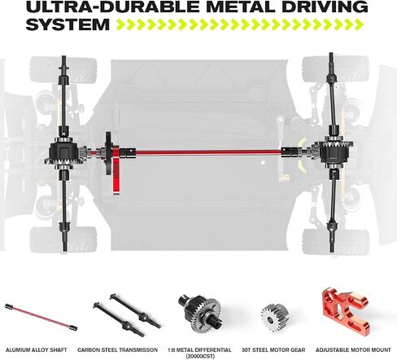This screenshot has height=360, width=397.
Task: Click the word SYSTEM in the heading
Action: point(68,24)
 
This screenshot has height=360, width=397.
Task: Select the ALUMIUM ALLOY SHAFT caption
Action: point(37,350)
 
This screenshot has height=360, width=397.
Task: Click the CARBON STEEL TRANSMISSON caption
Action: point(117,350)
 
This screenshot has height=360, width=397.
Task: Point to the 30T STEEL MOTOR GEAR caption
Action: point(273,350)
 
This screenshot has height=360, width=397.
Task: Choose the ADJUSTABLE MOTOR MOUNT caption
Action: point(353,350)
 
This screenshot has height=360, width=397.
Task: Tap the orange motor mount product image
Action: point(345,310)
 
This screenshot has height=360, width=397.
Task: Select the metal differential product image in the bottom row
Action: point(200,314)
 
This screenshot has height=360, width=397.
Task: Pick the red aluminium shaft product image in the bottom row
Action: point(41,317)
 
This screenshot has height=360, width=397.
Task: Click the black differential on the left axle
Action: point(64,153)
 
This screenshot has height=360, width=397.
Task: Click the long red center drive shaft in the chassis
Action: point(208,152)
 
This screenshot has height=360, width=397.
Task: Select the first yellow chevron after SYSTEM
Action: point(121,24)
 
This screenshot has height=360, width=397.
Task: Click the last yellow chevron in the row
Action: point(359,24)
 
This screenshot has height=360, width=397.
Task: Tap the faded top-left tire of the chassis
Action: point(63,69)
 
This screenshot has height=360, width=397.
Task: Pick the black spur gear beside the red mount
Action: point(108,153)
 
